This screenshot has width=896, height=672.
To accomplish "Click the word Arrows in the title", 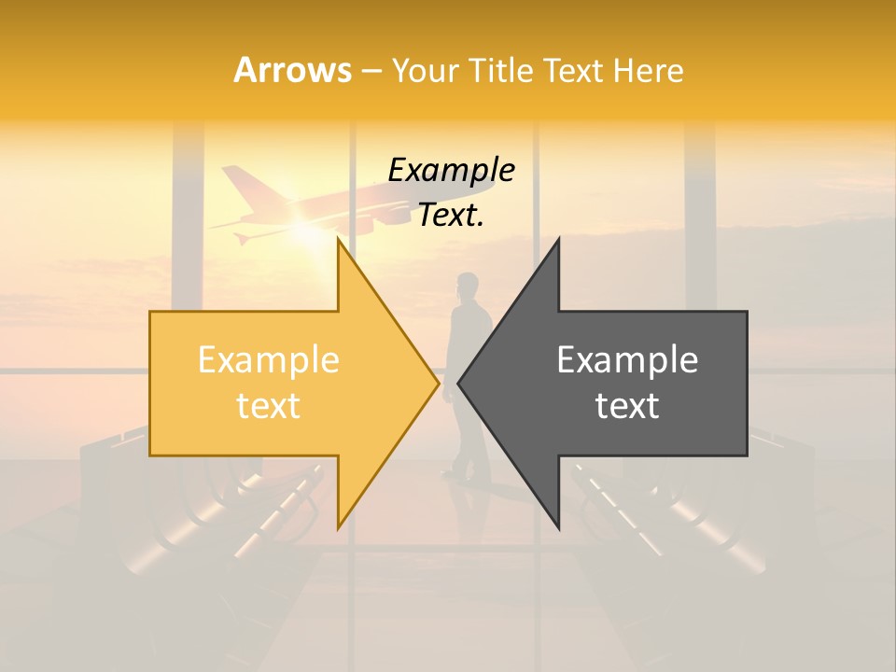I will (x=292, y=70).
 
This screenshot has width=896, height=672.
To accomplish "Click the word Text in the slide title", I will (x=573, y=70).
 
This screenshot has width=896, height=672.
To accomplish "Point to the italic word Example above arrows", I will (x=451, y=171).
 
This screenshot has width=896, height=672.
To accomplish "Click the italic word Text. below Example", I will (x=451, y=216).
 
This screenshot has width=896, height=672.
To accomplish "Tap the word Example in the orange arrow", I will (x=268, y=360).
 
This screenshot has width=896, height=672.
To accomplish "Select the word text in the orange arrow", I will (x=268, y=406).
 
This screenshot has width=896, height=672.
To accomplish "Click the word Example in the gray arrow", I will (x=627, y=360).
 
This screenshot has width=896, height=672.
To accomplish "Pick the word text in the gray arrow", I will (x=627, y=406).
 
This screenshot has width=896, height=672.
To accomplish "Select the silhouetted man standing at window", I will (x=469, y=373).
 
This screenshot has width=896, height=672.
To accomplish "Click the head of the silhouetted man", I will (x=467, y=284).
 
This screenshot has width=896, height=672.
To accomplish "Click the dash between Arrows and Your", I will (x=371, y=71).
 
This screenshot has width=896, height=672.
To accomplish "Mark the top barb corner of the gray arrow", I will (x=558, y=240).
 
